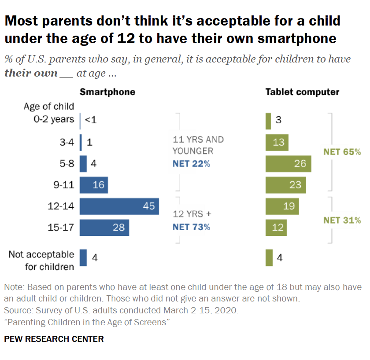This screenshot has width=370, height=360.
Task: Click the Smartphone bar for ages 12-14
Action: (119, 206)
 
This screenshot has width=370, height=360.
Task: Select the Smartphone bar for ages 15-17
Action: (104, 228)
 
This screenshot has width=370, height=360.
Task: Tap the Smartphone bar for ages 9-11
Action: (94, 185)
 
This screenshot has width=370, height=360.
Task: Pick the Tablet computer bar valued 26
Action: (288, 164)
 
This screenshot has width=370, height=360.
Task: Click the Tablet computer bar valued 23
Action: (286, 185)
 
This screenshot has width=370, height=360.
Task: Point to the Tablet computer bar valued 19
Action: (282, 206)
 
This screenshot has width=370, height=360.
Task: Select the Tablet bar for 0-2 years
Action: (268, 121)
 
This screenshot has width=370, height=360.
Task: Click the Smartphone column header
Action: (107, 92)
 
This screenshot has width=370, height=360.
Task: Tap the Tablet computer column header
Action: (302, 92)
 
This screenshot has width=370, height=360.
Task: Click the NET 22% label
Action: (192, 164)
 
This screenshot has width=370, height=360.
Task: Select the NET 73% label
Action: (192, 227)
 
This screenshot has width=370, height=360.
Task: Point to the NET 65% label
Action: (342, 152)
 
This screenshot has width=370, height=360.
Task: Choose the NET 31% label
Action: (342, 220)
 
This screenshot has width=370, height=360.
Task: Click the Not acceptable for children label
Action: (41, 261)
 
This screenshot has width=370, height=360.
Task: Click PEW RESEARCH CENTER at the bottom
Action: (54, 339)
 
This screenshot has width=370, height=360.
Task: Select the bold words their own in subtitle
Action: (31, 73)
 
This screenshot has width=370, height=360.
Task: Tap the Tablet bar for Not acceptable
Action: (268, 257)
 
